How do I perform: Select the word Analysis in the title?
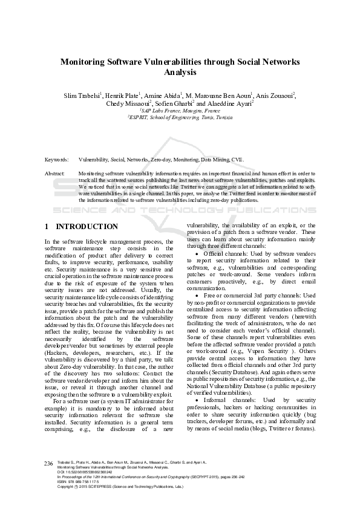180,72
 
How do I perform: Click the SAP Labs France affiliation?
180,111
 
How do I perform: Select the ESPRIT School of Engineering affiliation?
180,118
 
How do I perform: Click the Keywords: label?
56,160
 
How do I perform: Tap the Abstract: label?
55,173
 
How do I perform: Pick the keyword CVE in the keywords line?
237,160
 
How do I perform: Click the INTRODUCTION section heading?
87,227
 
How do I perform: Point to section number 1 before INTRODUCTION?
47,227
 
